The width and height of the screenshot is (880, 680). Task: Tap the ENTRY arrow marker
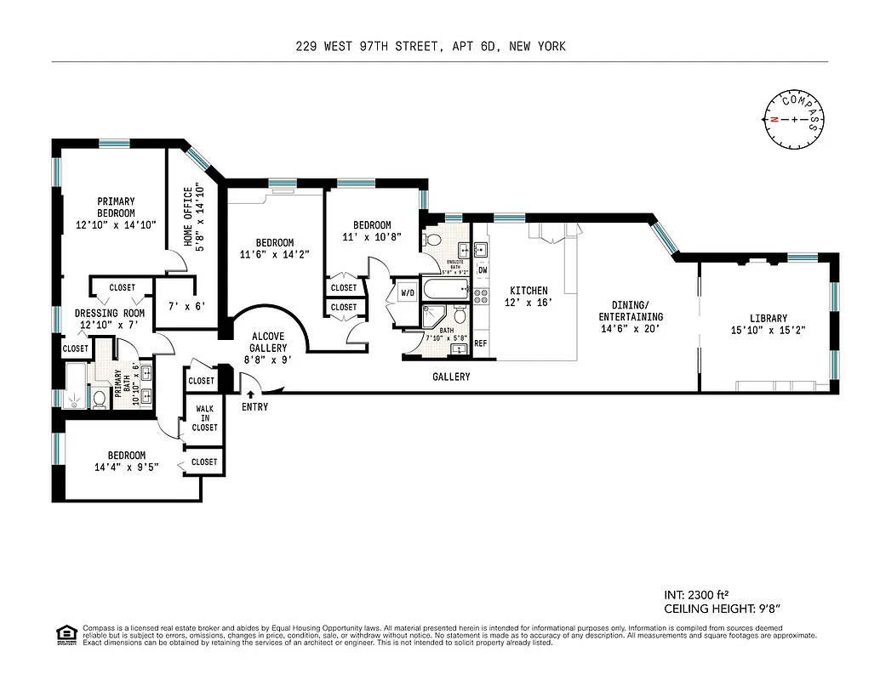[250, 393]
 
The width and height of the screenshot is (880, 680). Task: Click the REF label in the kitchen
[480, 343]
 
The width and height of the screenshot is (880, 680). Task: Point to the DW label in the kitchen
[482, 270]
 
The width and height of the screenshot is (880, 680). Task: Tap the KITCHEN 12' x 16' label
[529, 297]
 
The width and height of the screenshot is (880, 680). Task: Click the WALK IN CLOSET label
[204, 418]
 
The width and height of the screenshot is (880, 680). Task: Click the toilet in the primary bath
[99, 397]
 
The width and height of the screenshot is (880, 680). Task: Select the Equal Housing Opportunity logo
[64, 634]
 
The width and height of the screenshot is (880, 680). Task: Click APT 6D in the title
[473, 47]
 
